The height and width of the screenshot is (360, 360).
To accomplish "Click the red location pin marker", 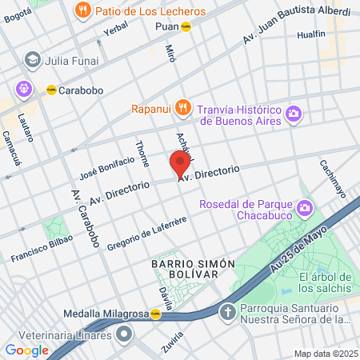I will (180, 163).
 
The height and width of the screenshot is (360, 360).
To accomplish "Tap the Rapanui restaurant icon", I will (183, 106).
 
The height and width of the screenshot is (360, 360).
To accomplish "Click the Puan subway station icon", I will (186, 26).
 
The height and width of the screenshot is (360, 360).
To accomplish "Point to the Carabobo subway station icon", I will (51, 90).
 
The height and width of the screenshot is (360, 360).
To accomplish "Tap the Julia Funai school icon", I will (33, 59).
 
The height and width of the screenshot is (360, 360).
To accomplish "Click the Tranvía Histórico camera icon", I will (294, 114).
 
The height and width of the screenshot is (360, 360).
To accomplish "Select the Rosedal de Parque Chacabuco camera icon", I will (304, 210).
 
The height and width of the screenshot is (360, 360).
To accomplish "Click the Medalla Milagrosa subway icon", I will (155, 314).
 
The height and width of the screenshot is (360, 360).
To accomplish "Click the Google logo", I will (26, 350).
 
